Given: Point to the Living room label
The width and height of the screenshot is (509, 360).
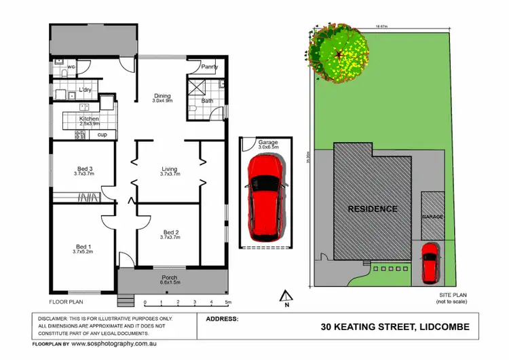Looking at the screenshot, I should pos(170,169).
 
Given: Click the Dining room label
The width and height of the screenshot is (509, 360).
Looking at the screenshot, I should pos(162,96).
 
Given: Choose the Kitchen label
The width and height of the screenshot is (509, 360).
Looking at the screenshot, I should pos(89,119).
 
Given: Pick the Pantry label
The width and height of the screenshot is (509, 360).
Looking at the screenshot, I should pos(210,67).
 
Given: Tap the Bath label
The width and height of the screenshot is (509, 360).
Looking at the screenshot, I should pos(207,101).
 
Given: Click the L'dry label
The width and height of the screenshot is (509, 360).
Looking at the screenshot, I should pos(85,90).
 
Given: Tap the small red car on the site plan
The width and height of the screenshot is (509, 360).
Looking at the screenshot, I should pos(429,264).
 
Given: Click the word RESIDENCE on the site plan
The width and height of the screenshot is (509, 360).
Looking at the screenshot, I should pos(373,209).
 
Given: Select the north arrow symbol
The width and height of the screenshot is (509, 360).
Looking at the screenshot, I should pos(286,295).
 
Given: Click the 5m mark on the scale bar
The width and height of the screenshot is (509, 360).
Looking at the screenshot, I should pos(228,302).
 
